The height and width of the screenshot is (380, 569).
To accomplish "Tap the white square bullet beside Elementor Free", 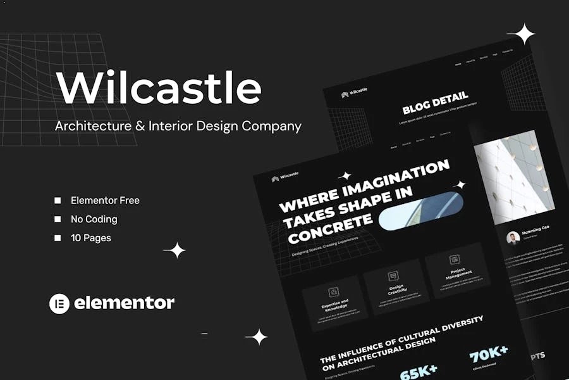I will coord(58,201).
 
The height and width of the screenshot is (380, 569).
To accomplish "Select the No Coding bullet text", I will coord(94,219).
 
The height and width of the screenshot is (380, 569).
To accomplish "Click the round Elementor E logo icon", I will coord(59,303).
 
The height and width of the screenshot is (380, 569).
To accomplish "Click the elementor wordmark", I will coord(124,303).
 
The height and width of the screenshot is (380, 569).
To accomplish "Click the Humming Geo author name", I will coord(535,234).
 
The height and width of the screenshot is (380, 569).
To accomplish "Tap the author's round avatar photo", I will coord(513,237).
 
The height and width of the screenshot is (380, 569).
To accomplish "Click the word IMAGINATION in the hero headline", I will coord(405,178).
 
